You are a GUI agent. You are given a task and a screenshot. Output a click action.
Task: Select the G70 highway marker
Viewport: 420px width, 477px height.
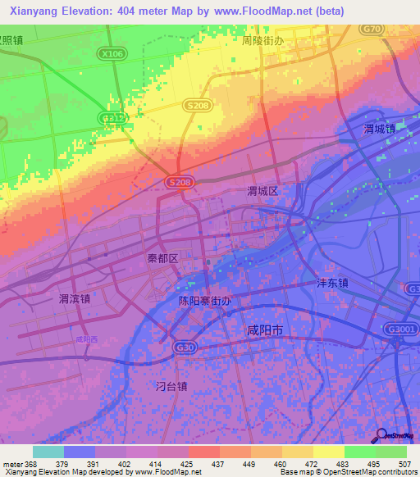[373, 30]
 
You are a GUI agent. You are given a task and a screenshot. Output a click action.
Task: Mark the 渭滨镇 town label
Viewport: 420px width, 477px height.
[75, 298]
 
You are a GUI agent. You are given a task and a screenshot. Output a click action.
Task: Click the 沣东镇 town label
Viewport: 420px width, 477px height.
[333, 283]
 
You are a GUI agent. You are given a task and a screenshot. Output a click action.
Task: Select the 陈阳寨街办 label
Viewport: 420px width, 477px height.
[205, 301]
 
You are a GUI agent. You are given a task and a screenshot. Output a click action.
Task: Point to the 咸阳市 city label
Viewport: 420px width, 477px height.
[265, 329]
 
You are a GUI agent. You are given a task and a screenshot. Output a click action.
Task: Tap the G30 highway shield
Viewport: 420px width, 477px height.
[182, 348]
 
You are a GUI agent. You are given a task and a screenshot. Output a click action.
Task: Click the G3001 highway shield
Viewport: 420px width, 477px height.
[399, 327]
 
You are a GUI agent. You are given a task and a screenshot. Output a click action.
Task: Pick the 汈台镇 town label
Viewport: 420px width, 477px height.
[171, 385]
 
